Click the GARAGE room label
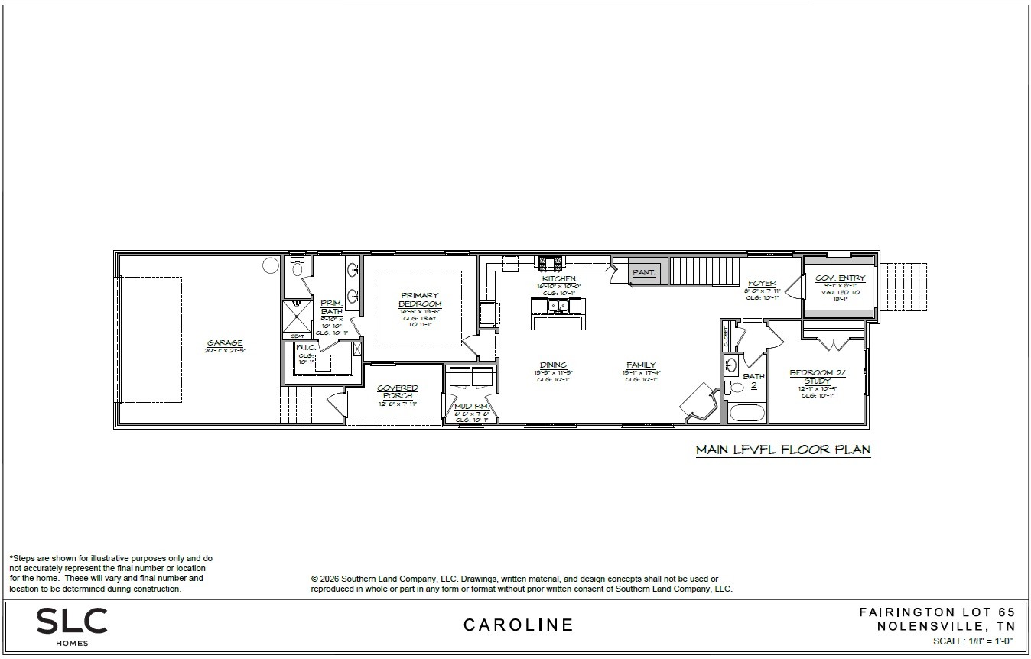[224, 343]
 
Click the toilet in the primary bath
[298, 268]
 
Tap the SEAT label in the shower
[297, 336]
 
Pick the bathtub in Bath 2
[747, 413]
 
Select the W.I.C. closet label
[306, 348]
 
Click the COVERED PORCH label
[397, 391]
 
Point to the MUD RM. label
[470, 406]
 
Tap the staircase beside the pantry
[704, 271]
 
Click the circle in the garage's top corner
[271, 265]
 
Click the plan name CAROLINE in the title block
[518, 625]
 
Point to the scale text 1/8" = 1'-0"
[972, 641]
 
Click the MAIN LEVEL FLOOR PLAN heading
[782, 450]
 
